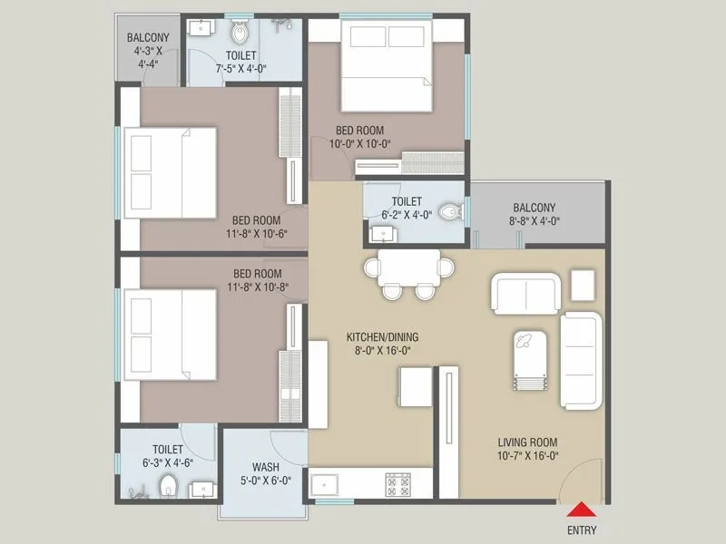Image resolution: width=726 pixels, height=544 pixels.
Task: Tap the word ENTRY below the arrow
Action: pyautogui.click(x=582, y=529)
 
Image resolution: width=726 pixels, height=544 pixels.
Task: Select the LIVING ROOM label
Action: pyautogui.click(x=526, y=442)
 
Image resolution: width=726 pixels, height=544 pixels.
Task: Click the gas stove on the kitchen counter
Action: pyautogui.click(x=397, y=484)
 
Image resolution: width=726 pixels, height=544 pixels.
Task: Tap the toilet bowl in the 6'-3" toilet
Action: pyautogui.click(x=167, y=489)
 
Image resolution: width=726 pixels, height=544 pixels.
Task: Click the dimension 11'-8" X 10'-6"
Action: pyautogui.click(x=255, y=233)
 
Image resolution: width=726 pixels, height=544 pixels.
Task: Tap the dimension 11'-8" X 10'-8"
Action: pyautogui.click(x=257, y=287)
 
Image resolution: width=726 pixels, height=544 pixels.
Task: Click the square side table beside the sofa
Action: pyautogui.click(x=586, y=286)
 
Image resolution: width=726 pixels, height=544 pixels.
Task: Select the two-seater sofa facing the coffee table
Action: pyautogui.click(x=524, y=293)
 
